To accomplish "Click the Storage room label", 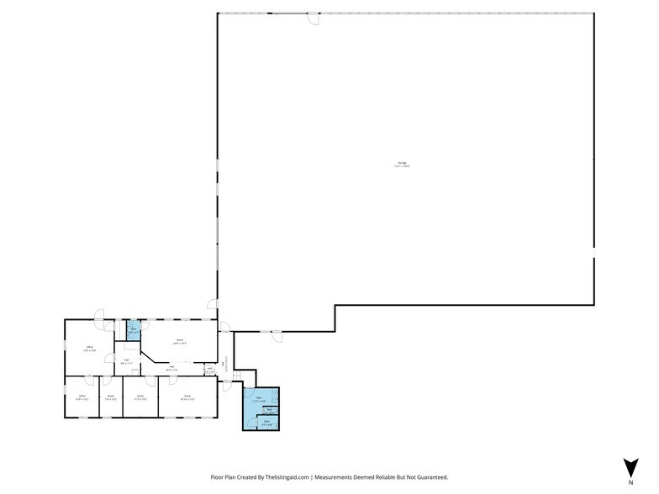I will coord(402,165).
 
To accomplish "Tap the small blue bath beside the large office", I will coord(133,331).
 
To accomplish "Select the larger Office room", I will coord(89,348).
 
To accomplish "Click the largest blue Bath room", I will coord(260,400).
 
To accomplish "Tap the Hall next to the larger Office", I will coord(126,362).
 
